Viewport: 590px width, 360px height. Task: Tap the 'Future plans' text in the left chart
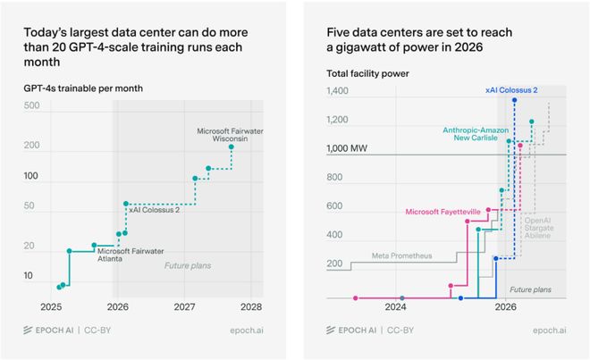186,265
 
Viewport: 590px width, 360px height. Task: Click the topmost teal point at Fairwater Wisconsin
232,147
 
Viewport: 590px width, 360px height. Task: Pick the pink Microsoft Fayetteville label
443,212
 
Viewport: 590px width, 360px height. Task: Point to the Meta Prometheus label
402,255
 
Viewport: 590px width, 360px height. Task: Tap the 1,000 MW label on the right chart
350,148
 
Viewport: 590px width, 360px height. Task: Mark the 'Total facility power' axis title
363,73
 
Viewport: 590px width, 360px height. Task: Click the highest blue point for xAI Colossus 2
514,100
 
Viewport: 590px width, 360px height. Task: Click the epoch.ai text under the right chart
547,331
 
